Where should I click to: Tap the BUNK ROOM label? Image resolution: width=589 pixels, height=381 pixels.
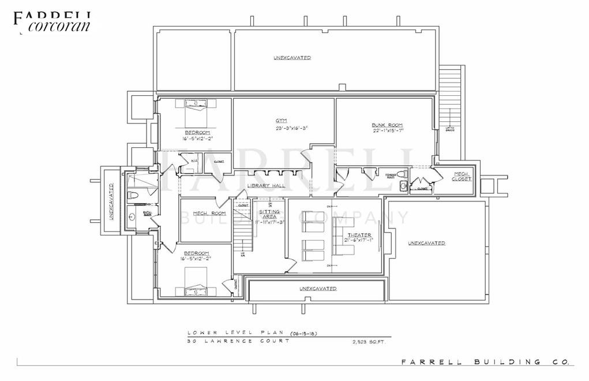tap(387, 125)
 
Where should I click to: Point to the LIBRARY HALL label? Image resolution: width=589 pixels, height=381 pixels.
tap(263, 185)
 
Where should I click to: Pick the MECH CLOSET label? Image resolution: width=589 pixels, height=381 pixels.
tap(462, 176)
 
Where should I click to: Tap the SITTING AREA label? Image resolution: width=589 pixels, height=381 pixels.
tap(270, 214)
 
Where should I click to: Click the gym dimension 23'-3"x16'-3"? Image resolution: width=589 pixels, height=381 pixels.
tap(283, 128)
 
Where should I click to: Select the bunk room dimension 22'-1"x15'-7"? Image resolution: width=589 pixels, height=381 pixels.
tap(388, 131)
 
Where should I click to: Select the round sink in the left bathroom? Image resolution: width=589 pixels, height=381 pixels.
tap(133, 217)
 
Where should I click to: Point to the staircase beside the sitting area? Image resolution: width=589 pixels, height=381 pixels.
tap(243, 222)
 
